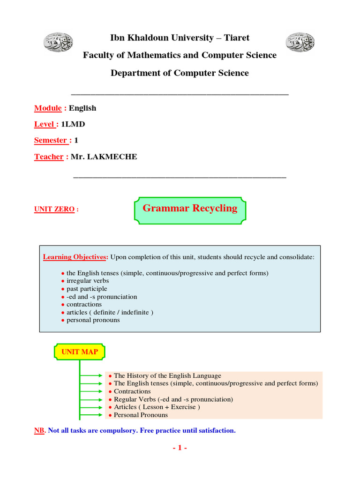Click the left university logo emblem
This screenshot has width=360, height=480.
[59, 43]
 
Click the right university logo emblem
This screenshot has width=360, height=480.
[300, 43]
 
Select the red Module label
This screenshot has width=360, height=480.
[48, 108]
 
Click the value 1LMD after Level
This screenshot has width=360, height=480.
[73, 124]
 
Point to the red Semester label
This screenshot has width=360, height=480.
[52, 140]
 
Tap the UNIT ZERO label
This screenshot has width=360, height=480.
[54, 210]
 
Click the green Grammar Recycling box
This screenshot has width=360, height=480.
[190, 209]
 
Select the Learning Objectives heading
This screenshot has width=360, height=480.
[75, 257]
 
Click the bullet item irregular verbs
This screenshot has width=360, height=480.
[88, 281]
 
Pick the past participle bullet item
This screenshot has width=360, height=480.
[87, 289]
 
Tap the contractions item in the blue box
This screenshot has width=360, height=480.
[84, 304]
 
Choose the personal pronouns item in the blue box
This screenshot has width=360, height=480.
[93, 320]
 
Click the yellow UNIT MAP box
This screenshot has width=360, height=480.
[80, 352]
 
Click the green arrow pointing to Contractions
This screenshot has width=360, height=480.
[91, 391]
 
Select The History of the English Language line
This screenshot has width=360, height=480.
[167, 375]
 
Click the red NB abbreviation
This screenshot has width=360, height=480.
[39, 430]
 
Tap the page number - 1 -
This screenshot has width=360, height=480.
[180, 448]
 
